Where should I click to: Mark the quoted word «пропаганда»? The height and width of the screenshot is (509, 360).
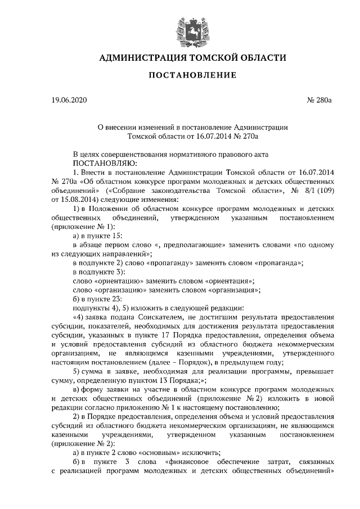coord(277,263)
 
